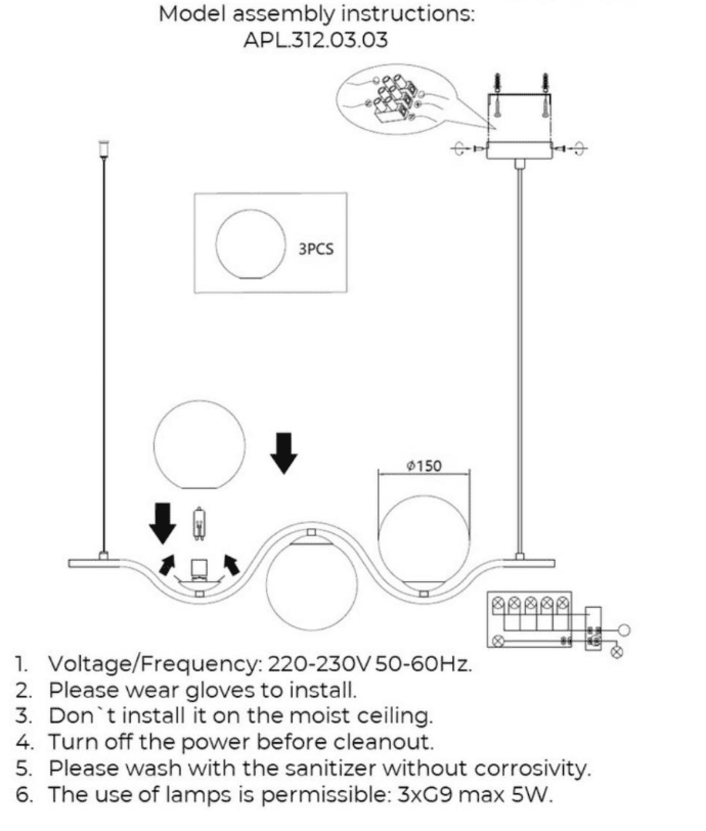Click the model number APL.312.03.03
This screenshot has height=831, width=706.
(315, 40)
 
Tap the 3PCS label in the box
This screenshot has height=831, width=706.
(316, 249)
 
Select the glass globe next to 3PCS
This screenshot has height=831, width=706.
(250, 244)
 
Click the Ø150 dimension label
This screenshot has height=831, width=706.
(424, 466)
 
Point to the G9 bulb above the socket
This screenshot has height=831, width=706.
(198, 524)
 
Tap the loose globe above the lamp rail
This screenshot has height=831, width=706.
(199, 444)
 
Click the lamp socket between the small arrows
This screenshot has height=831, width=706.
(199, 568)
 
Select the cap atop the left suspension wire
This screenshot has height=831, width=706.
(103, 148)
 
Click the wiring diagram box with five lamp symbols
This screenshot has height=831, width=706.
(529, 619)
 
